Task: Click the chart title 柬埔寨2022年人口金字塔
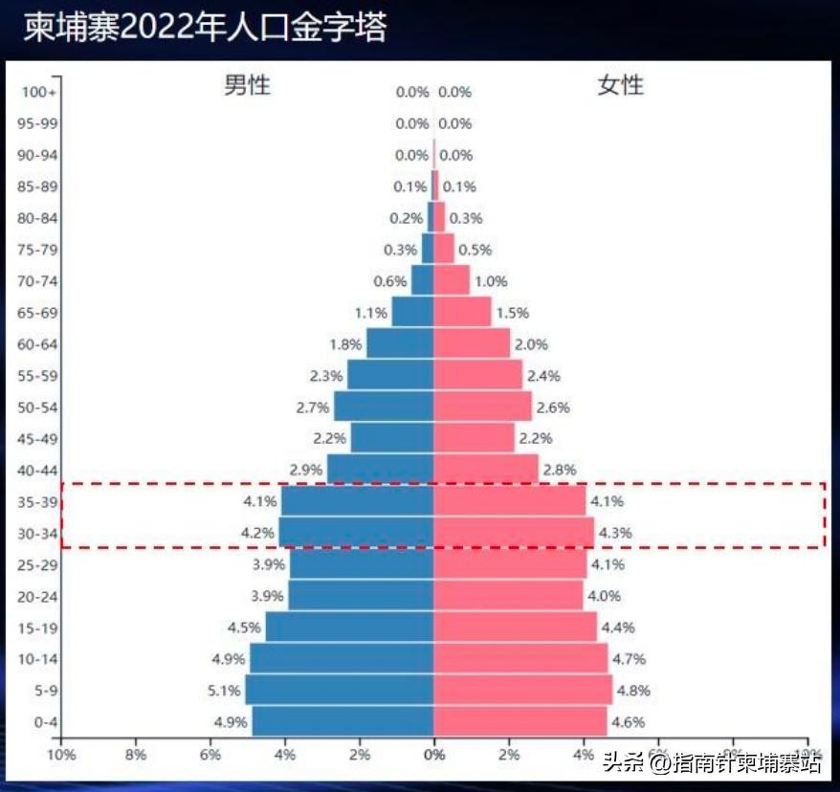pyautogui.click(x=205, y=28)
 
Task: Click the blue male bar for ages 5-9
pyautogui.click(x=340, y=690)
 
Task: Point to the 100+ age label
pyautogui.click(x=39, y=92)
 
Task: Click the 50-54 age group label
pyautogui.click(x=39, y=407)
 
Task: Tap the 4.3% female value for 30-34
pyautogui.click(x=615, y=533)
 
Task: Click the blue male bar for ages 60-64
pyautogui.click(x=400, y=343)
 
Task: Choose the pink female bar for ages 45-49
pyautogui.click(x=474, y=438)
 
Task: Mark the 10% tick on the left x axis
pyautogui.click(x=61, y=755)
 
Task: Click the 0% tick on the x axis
pyautogui.click(x=434, y=755)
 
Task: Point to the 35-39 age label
pyautogui.click(x=39, y=501)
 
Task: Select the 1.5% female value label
pyautogui.click(x=512, y=313)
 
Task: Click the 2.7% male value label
pyautogui.click(x=313, y=407)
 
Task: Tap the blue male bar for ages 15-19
pyautogui.click(x=349, y=627)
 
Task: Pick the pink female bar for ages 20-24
pyautogui.click(x=508, y=595)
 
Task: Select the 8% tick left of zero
pyautogui.click(x=136, y=755)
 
